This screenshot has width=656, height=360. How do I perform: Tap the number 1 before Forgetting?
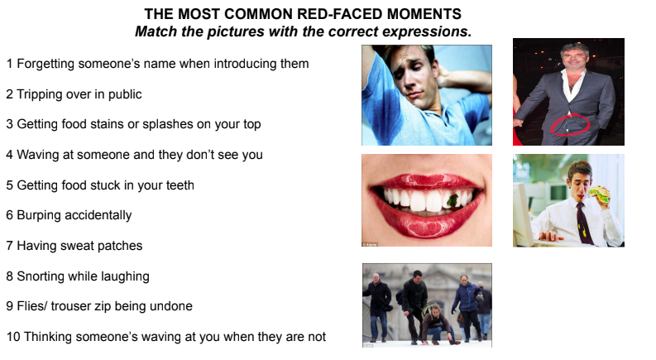[x=9, y=64]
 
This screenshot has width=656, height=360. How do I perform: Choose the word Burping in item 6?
[x=40, y=215]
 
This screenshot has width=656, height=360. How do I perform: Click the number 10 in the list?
[x=12, y=337]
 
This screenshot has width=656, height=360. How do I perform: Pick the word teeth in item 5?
[x=177, y=185]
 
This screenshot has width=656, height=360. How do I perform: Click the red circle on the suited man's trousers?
[x=570, y=125]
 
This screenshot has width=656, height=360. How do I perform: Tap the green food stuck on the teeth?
[x=453, y=199]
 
